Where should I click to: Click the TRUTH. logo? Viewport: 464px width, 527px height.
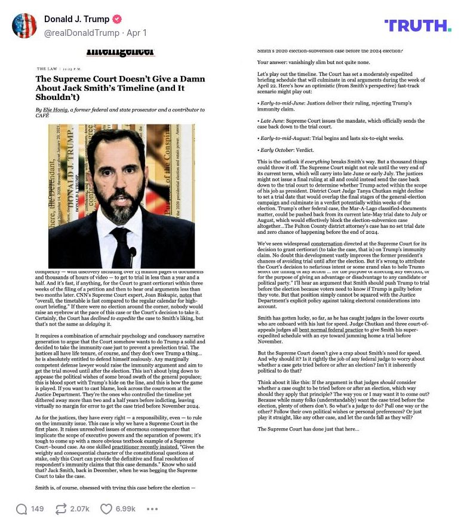[x=418, y=25]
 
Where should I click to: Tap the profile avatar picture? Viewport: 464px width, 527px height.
[x=24, y=26]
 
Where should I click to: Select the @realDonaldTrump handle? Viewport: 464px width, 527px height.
[x=82, y=33]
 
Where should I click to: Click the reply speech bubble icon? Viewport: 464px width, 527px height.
[x=22, y=509]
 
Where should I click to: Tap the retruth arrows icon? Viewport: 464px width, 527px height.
[x=60, y=509]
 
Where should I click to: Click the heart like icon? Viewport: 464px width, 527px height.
[x=106, y=509]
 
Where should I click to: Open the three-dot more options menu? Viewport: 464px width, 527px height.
[x=152, y=509]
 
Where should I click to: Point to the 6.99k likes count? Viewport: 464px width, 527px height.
[x=125, y=509]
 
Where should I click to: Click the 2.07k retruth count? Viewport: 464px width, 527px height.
[x=79, y=509]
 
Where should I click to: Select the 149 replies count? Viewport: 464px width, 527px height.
[x=38, y=509]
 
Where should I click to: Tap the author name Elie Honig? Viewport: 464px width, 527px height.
[x=52, y=110]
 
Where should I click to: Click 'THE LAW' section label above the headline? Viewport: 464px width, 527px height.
[x=47, y=69]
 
